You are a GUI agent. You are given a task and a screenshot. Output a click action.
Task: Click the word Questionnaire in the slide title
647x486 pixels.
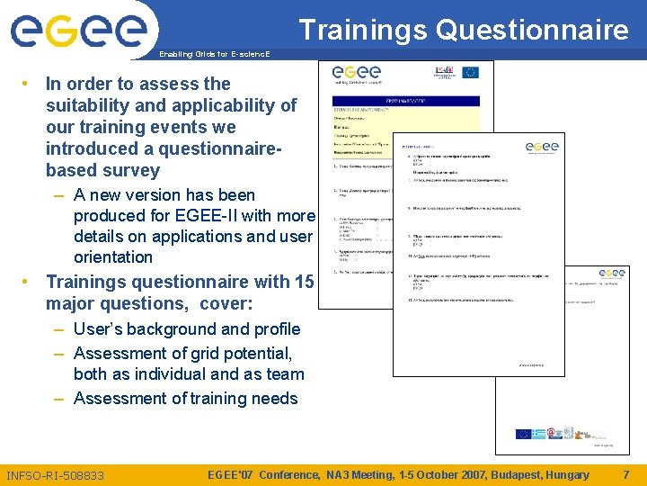(532, 31)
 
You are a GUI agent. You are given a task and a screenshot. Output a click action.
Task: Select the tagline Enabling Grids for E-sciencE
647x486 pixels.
(214, 55)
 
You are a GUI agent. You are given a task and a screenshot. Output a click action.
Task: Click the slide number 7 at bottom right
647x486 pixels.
(625, 474)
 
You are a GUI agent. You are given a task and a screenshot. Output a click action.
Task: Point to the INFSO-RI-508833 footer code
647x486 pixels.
(55, 475)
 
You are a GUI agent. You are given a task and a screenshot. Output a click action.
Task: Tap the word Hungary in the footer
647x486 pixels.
(567, 474)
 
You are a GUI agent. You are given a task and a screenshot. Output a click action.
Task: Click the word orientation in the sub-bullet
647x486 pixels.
(113, 257)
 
